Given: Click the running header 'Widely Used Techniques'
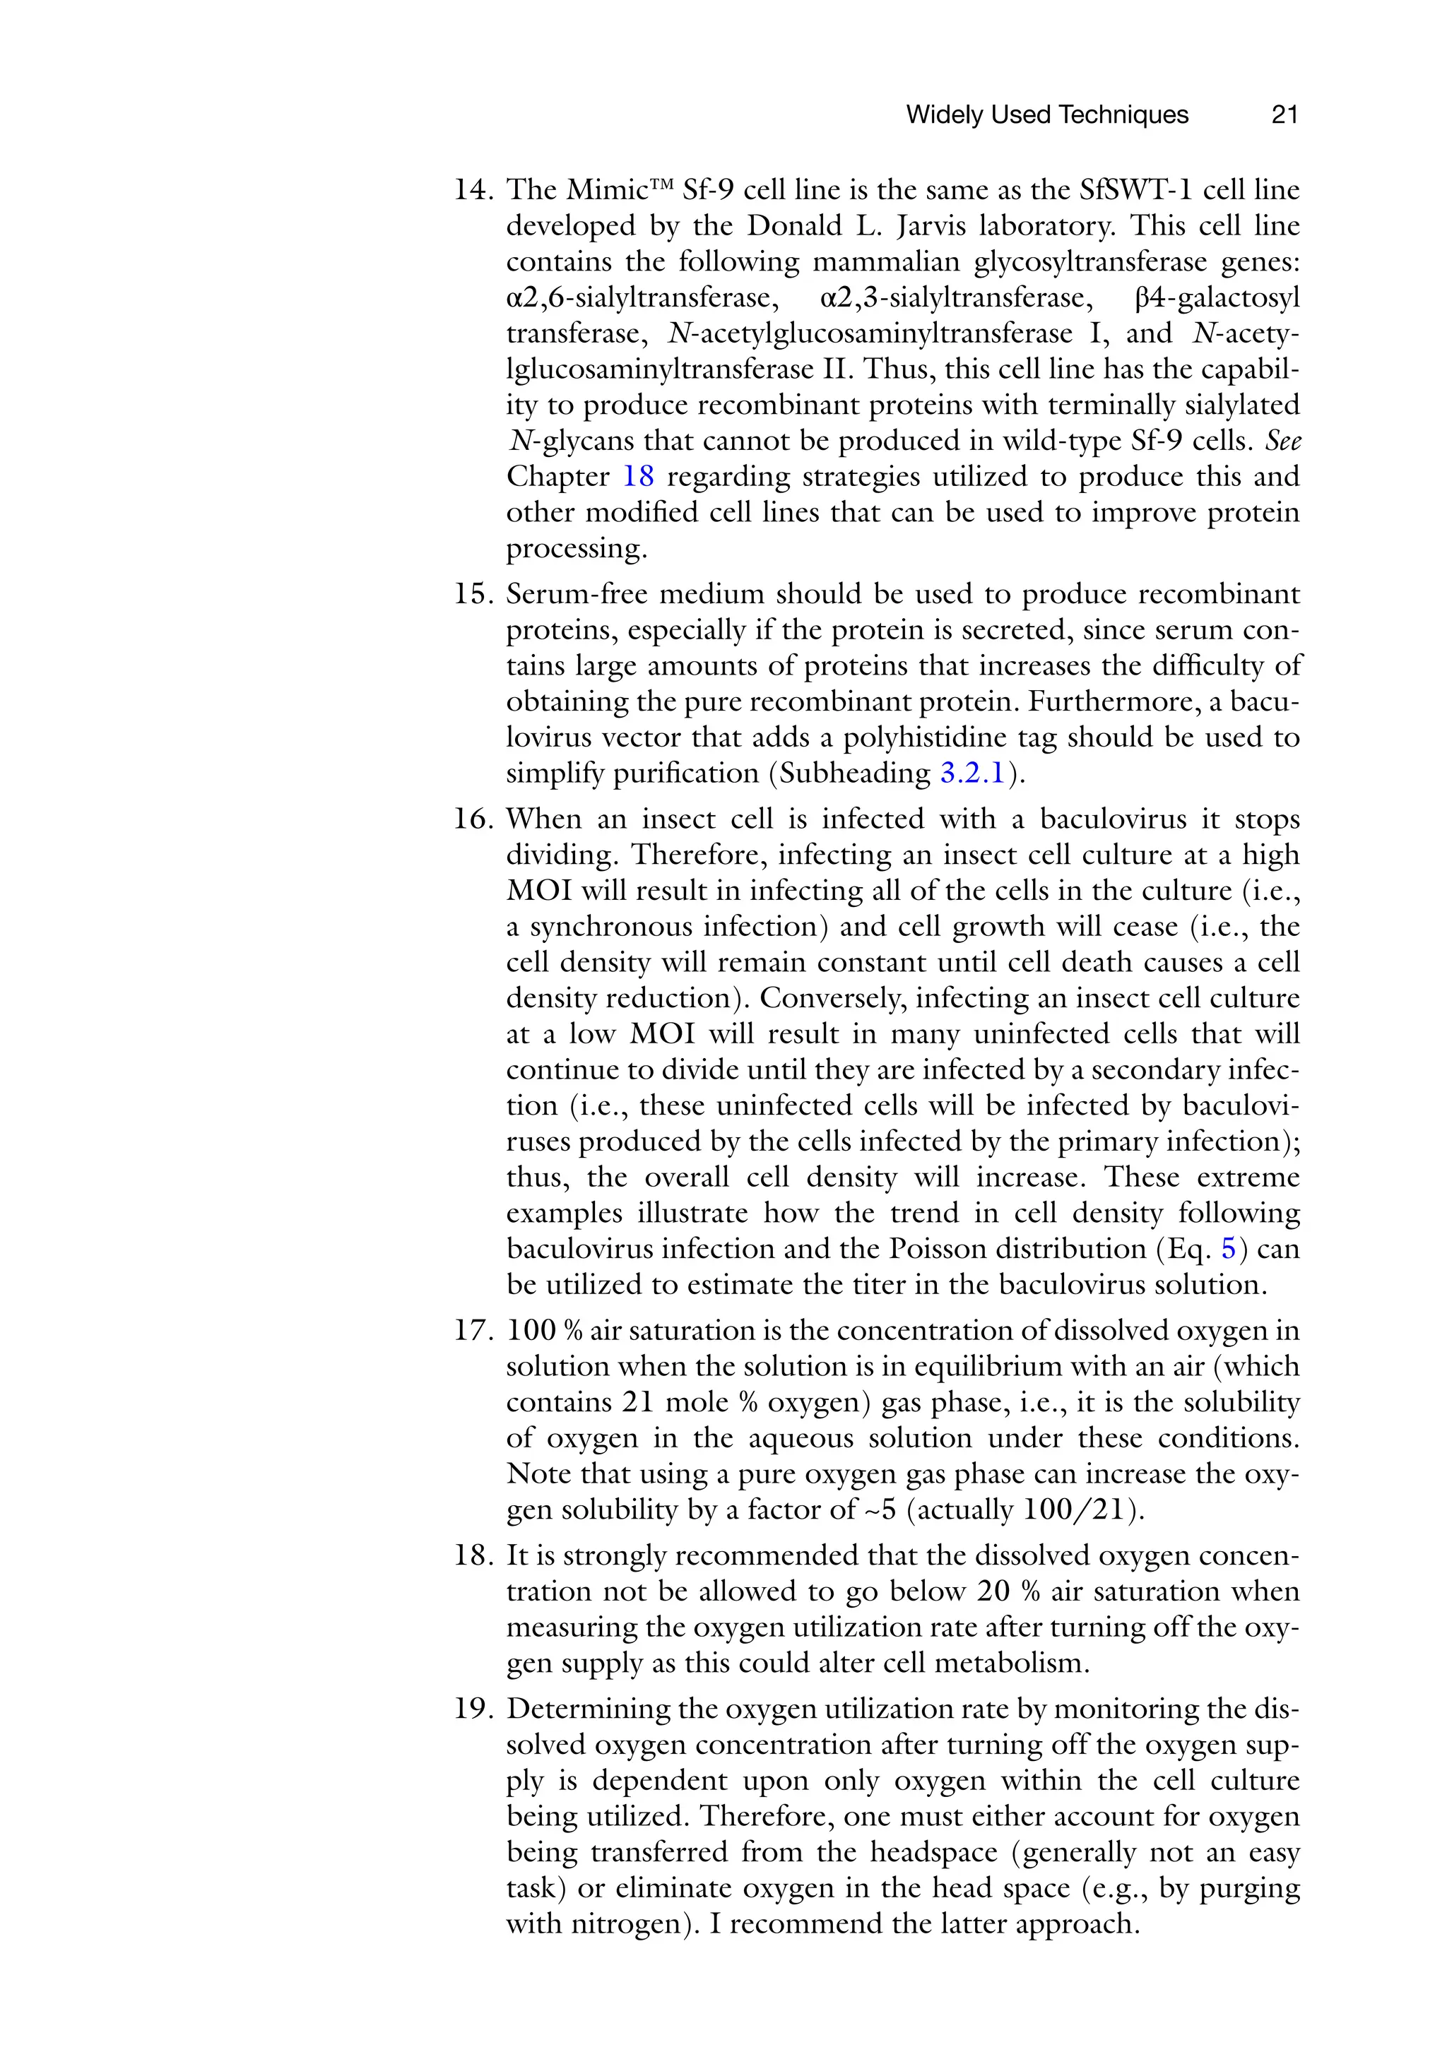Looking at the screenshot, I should (x=1047, y=115).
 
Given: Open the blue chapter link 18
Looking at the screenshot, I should (x=639, y=478).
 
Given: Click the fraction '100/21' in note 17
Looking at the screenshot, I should (x=1075, y=1510).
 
